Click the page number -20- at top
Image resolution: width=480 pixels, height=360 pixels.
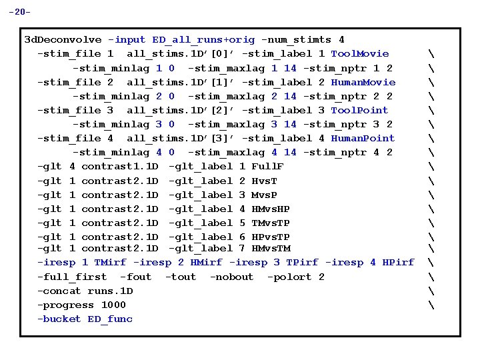tap(19, 12)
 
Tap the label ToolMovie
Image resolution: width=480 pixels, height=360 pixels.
tap(360, 54)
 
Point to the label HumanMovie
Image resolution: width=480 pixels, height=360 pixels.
tap(363, 83)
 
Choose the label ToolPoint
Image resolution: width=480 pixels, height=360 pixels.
tap(359, 111)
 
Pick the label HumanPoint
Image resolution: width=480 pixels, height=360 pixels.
tap(363, 139)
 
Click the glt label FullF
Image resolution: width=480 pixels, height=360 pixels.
tap(267, 167)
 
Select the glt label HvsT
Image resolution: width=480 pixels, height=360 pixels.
tap(264, 181)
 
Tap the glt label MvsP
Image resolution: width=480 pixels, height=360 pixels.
tap(264, 195)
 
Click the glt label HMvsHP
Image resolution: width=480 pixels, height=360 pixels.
tap(271, 209)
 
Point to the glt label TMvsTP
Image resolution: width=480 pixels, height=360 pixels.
tap(271, 223)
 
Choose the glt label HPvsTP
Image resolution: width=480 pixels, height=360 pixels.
tap(271, 237)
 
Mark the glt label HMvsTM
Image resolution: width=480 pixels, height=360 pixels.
tap(271, 249)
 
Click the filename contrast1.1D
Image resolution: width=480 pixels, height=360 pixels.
tap(119, 167)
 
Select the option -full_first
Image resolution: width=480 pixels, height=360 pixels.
tap(72, 277)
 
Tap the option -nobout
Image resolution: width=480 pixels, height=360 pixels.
tap(231, 277)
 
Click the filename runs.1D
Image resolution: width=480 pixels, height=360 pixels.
tap(110, 291)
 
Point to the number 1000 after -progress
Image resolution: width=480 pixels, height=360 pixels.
tap(113, 305)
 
